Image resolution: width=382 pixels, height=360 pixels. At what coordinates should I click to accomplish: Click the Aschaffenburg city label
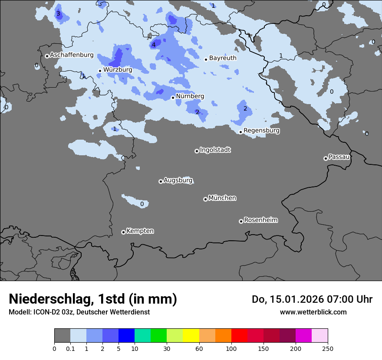[72, 55]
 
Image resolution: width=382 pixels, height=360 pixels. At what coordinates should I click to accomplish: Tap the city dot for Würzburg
[100, 71]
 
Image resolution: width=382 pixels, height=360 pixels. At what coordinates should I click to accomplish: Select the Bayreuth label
[223, 58]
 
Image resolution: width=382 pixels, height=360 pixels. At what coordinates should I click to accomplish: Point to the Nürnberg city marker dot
[173, 98]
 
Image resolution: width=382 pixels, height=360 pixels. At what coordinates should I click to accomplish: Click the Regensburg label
[261, 131]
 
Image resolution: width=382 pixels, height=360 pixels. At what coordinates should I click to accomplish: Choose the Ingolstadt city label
[215, 150]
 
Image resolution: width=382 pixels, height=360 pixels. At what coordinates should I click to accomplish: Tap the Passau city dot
[326, 158]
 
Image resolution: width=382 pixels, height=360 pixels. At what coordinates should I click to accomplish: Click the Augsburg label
[178, 180]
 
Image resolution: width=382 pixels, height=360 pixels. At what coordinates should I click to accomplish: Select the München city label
[222, 198]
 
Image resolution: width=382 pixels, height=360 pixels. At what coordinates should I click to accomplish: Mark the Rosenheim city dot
[241, 221]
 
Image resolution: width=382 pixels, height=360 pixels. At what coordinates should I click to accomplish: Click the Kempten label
[140, 231]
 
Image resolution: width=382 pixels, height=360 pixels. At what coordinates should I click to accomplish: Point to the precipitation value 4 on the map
[154, 45]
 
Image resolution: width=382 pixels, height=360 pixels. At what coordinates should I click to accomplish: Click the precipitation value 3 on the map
[58, 14]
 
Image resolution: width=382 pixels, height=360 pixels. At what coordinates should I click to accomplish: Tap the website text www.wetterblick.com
[313, 312]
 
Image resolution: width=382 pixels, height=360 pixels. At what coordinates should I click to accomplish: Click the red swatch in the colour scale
[239, 335]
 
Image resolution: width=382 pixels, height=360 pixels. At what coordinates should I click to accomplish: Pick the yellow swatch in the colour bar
[191, 335]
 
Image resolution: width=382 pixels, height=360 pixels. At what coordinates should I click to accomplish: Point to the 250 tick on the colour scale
[327, 348]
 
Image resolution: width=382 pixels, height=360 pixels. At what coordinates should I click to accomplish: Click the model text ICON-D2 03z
[52, 312]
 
